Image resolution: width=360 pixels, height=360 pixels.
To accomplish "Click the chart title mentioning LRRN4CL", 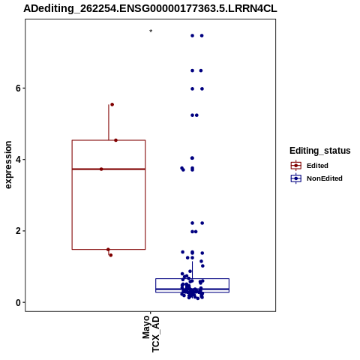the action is [150, 8].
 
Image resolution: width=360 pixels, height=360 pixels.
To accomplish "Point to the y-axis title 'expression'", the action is [8, 165].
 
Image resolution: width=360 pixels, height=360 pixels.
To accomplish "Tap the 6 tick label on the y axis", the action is [18, 88].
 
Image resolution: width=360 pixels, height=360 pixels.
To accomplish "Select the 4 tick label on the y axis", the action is [18, 160].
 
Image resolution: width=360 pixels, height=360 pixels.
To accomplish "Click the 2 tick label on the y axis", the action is [18, 231].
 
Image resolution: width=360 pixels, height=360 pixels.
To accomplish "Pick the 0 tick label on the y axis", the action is [18, 302].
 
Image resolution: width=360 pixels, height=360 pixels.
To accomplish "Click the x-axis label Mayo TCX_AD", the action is [151, 334].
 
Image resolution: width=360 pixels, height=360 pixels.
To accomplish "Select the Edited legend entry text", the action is [317, 166].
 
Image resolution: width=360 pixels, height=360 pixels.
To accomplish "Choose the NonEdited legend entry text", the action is [325, 178].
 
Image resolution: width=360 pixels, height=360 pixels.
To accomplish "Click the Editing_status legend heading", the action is [320, 151].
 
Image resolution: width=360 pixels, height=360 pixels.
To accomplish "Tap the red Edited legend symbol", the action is [296, 166].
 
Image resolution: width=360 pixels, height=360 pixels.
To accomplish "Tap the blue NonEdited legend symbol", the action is [296, 178].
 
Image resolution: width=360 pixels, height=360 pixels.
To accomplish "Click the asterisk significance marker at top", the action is [151, 31].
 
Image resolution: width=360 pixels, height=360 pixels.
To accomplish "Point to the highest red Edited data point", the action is [112, 104].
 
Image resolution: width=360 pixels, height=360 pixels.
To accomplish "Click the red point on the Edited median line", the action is [101, 169].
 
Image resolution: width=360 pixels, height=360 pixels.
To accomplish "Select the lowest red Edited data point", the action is [111, 255].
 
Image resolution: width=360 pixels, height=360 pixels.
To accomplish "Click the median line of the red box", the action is [109, 169].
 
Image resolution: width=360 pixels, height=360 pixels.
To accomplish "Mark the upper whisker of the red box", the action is [109, 122].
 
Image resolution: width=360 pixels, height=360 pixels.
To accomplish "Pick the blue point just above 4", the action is [192, 158].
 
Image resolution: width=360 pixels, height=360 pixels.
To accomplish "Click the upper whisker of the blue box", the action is [192, 270].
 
